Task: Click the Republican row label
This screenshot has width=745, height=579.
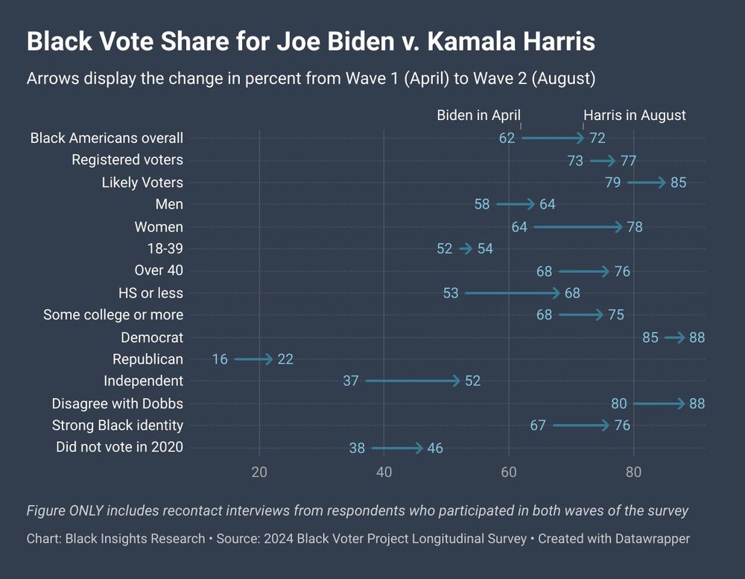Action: (148, 359)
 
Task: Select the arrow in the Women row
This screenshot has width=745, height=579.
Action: (578, 227)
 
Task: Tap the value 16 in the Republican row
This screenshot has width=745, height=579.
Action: (220, 359)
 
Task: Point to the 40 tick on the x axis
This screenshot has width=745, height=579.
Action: (384, 472)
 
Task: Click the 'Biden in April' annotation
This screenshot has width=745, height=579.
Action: (478, 115)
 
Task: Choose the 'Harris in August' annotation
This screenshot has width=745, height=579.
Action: (634, 115)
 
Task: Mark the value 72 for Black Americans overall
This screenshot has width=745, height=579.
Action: (597, 138)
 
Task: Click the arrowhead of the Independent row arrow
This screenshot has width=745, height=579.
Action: (456, 381)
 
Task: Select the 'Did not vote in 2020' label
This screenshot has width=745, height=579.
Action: (119, 447)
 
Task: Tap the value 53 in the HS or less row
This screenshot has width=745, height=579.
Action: (451, 293)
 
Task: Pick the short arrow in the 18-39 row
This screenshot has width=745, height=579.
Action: (466, 249)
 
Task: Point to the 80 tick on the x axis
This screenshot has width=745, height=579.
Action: (633, 472)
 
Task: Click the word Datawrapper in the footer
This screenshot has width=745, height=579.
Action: (652, 539)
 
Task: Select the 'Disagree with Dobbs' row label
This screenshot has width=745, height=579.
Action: (118, 404)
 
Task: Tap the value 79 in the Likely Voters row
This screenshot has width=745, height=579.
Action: (613, 183)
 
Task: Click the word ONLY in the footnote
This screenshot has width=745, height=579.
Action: (86, 510)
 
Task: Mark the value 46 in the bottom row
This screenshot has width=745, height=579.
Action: (435, 448)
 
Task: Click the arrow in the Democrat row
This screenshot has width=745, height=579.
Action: (675, 338)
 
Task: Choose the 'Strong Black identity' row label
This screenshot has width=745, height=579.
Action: (118, 425)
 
